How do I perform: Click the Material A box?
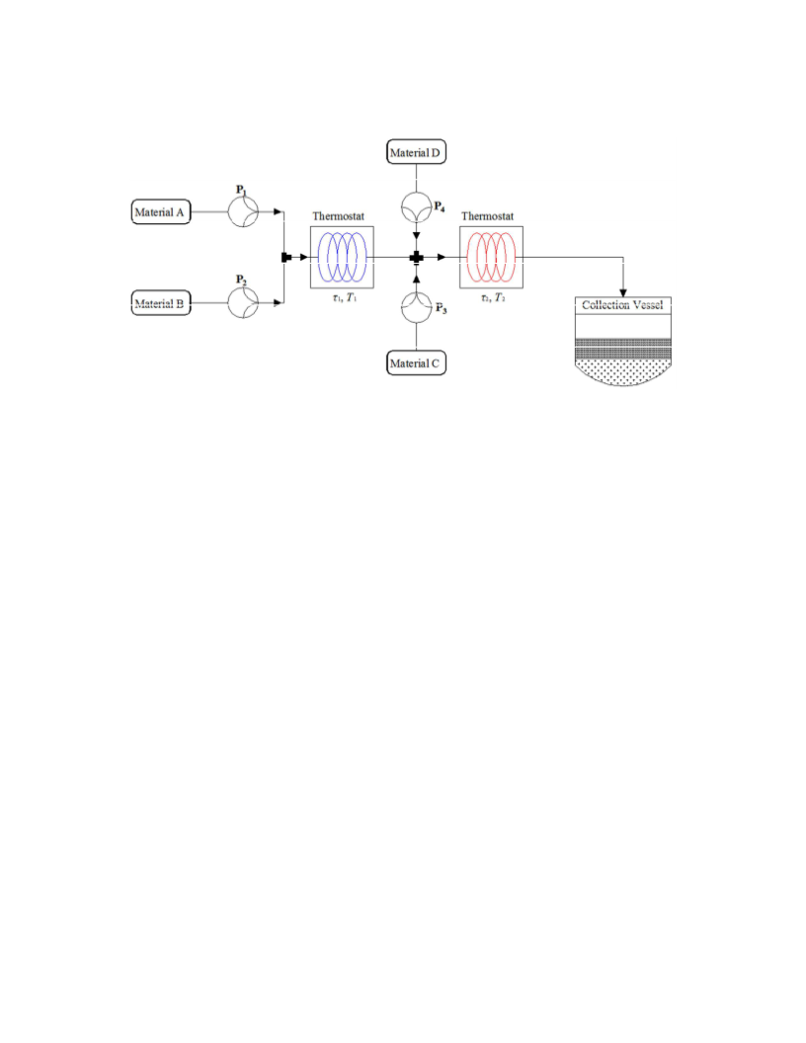pyautogui.click(x=161, y=211)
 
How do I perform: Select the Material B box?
pyautogui.click(x=161, y=302)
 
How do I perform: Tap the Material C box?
pyautogui.click(x=416, y=362)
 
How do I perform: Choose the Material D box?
pyautogui.click(x=416, y=152)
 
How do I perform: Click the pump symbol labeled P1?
pyautogui.click(x=243, y=211)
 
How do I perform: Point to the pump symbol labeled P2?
pyautogui.click(x=243, y=302)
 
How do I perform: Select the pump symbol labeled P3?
pyautogui.click(x=416, y=307)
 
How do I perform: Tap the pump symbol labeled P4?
pyautogui.click(x=416, y=206)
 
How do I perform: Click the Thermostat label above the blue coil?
pyautogui.click(x=339, y=216)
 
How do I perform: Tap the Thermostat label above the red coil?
pyautogui.click(x=488, y=216)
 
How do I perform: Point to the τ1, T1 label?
pyautogui.click(x=345, y=298)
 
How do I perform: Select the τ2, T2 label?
pyautogui.click(x=494, y=298)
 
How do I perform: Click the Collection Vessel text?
pyautogui.click(x=622, y=304)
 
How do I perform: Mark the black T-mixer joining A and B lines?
pyautogui.click(x=286, y=257)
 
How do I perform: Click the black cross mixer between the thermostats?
pyautogui.click(x=416, y=257)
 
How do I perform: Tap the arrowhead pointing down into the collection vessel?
pyautogui.click(x=623, y=292)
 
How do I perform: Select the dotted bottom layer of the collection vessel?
pyautogui.click(x=623, y=371)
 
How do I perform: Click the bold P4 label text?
pyautogui.click(x=439, y=206)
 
